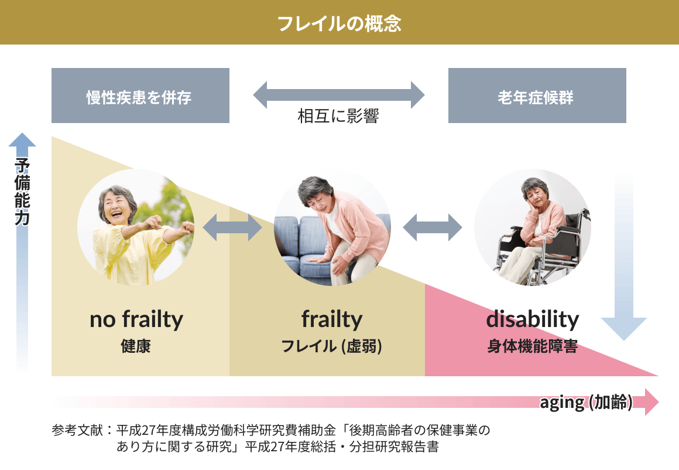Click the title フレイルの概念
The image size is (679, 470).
339,23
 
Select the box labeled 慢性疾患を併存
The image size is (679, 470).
140,96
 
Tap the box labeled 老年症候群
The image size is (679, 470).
537,96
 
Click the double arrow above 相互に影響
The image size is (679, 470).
339,95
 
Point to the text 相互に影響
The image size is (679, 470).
338,116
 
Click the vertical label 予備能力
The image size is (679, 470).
22,192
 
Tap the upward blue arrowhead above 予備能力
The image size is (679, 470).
22,139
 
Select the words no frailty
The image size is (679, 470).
136,319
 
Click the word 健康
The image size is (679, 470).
136,346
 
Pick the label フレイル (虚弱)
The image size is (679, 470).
332,346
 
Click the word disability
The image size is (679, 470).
533,319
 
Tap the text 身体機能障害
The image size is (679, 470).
533,346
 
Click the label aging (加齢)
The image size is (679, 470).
586,403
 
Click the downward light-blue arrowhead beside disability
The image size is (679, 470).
624,329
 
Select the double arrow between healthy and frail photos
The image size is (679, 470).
232,227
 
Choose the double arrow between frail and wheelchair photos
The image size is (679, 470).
433,227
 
